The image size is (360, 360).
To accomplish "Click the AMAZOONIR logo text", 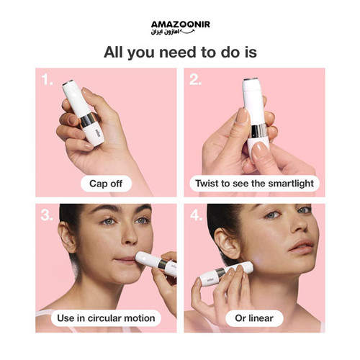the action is tap(181, 24).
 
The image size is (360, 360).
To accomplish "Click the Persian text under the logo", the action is tap(166, 32).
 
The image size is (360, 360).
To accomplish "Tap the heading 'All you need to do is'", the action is tap(180, 52).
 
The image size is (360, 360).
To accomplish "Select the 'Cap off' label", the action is tap(106, 184).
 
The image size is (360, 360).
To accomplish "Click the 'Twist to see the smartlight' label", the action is tap(254, 184).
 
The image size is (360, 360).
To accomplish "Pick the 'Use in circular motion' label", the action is tap(106, 318).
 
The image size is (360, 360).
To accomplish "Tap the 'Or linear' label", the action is tap(254, 318).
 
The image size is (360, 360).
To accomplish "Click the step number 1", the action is tap(47, 79).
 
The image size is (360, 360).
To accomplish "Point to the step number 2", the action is tap(195, 79).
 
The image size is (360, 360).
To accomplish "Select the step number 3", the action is tap(47, 215).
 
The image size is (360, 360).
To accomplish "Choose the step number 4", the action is tap(196, 215).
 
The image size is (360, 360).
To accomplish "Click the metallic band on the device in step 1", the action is tap(88, 120).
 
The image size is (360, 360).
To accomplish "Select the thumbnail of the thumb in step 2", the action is tap(242, 116).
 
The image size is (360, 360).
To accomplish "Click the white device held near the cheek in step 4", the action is tap(226, 273).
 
